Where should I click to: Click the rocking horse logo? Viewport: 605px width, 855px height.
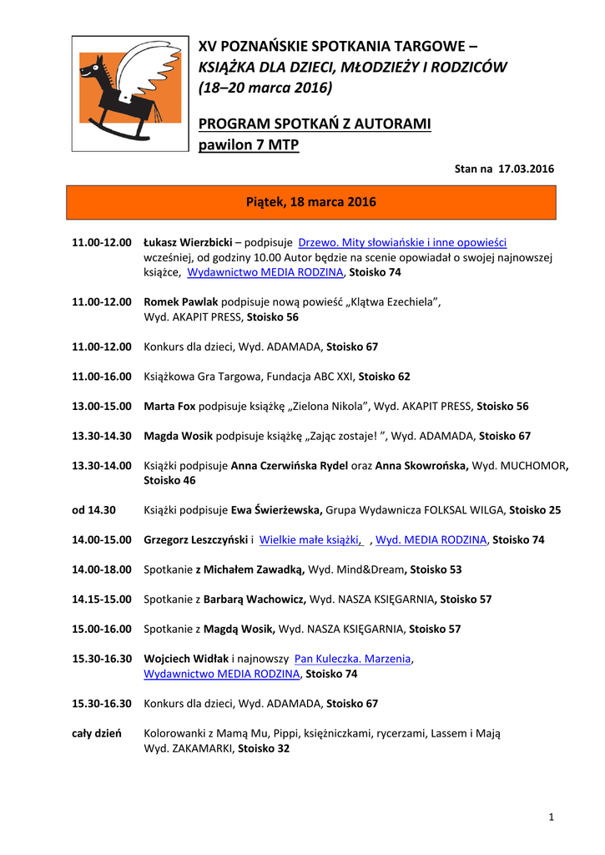(x=130, y=93)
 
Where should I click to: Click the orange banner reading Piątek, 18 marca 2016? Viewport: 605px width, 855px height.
(x=310, y=202)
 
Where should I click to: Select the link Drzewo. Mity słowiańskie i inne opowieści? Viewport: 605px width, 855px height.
(x=402, y=242)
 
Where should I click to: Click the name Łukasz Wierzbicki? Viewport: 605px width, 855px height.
(x=188, y=242)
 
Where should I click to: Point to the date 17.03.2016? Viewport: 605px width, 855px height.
(x=527, y=169)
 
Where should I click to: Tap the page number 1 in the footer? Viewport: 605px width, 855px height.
(x=552, y=816)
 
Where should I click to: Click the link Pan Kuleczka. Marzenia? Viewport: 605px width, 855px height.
(x=353, y=659)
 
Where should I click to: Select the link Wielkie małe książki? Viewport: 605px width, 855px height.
(x=310, y=539)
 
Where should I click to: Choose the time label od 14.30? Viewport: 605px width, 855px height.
(x=93, y=509)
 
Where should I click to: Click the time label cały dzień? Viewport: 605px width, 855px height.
(x=97, y=733)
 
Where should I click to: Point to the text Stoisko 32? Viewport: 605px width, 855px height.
(x=264, y=749)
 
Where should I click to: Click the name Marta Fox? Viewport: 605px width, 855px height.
(x=169, y=406)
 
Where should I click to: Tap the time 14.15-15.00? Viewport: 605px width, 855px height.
(x=102, y=599)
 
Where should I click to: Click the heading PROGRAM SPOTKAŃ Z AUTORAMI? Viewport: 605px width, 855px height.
(x=315, y=124)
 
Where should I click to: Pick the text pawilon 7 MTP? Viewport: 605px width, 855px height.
(x=248, y=145)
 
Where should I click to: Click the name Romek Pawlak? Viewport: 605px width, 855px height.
(x=181, y=301)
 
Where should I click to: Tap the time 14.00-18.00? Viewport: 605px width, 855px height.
(x=102, y=569)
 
